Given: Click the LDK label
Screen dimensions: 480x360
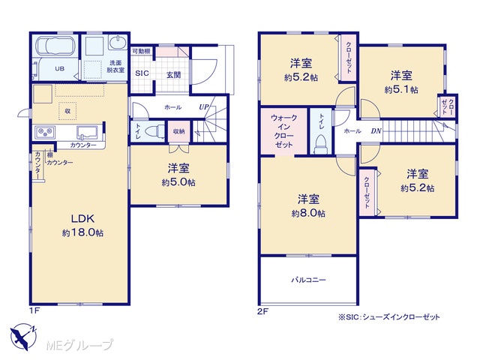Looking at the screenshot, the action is (82, 218).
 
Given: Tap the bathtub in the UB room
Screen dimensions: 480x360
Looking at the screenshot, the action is (55, 46).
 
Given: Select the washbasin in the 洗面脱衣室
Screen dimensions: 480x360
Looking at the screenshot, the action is (118, 43).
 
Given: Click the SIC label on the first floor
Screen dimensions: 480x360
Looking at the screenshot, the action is (142, 73).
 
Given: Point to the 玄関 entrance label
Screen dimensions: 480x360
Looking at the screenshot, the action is (173, 75).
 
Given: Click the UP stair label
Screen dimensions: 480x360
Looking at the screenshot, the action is (204, 106).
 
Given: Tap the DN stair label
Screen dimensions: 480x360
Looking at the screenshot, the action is (376, 130).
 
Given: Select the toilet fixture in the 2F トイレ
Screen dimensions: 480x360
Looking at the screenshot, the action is (321, 144).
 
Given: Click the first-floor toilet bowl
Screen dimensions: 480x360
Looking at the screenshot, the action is (155, 132).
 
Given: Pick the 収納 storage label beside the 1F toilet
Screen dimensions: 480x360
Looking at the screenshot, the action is (178, 131).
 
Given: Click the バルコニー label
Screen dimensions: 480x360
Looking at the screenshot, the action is (308, 280).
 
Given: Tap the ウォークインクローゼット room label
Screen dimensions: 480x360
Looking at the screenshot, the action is (283, 131).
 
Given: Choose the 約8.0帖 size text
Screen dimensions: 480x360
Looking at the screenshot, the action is (308, 213).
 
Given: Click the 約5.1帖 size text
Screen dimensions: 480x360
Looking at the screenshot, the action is (401, 90).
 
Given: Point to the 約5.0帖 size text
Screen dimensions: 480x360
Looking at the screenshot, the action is (178, 182).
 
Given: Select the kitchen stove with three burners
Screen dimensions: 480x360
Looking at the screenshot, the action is (45, 132).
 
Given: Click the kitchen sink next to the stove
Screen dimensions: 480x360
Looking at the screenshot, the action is (87, 133).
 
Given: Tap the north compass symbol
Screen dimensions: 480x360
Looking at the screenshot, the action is (23, 336).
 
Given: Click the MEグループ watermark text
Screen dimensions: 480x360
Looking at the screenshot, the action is (79, 345).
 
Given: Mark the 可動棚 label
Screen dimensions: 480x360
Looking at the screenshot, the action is (141, 51).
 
